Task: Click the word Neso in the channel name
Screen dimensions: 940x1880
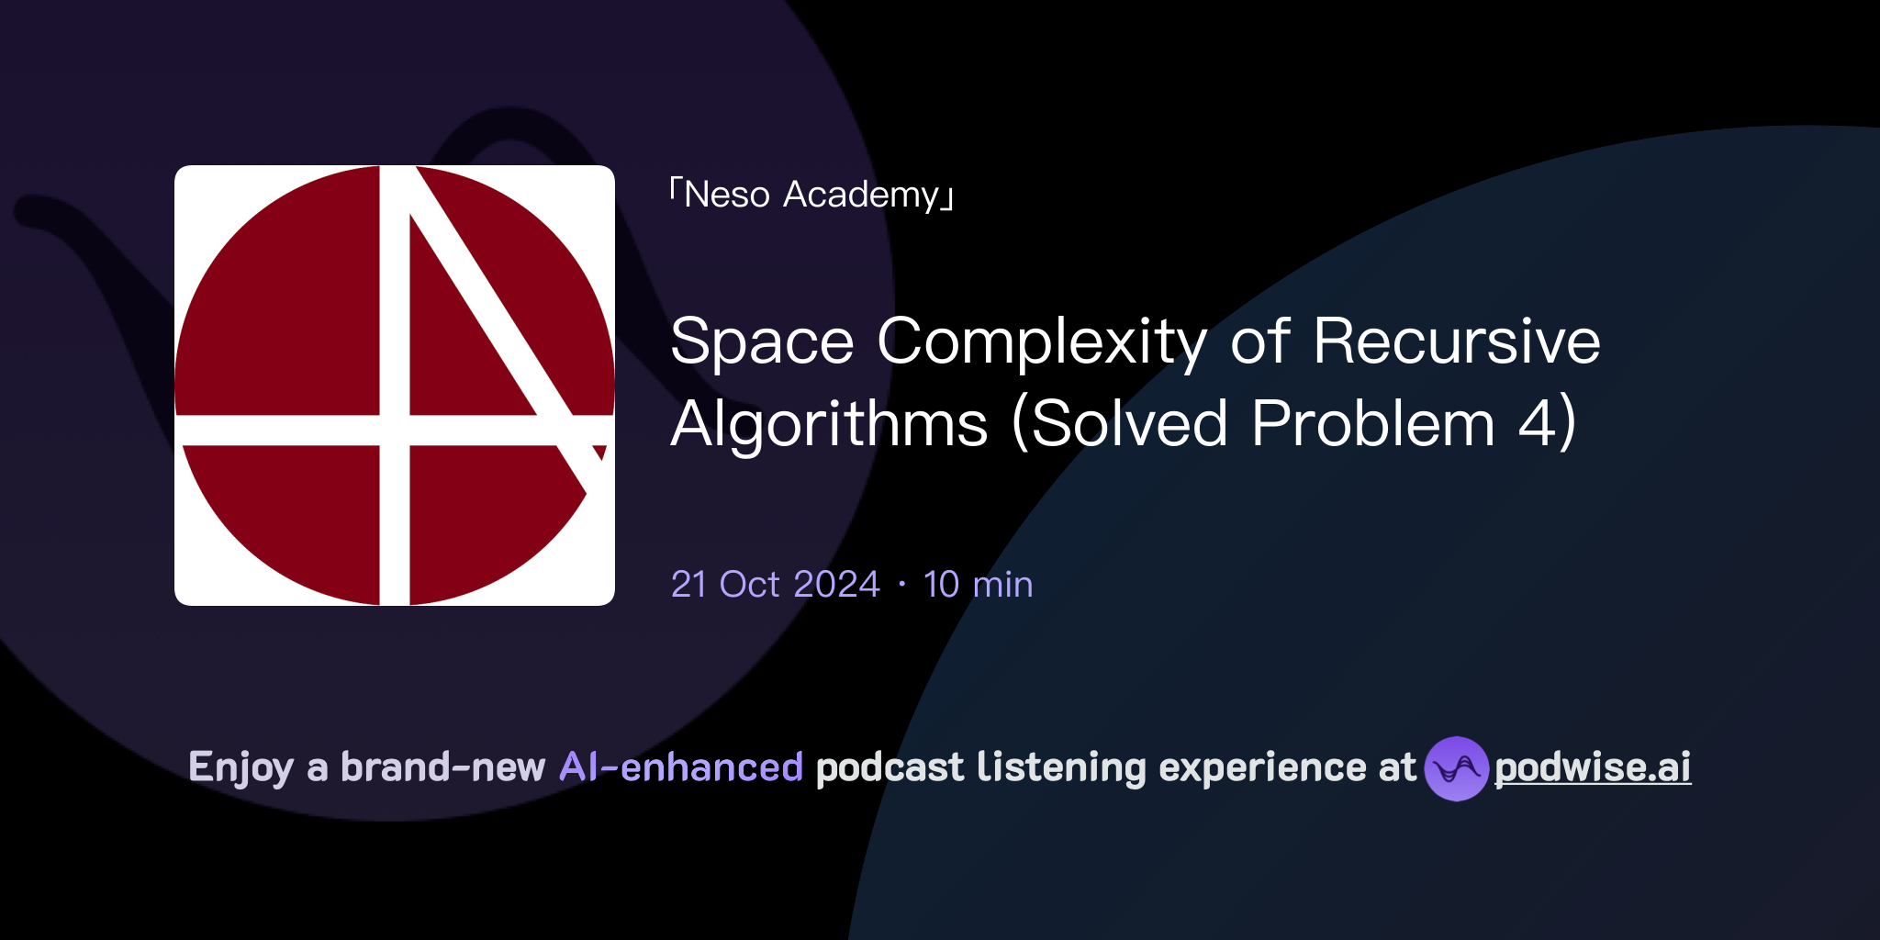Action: click(726, 195)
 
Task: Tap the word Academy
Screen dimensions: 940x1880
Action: click(861, 195)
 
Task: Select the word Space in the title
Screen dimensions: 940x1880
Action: click(762, 342)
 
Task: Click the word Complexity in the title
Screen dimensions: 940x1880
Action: click(1042, 342)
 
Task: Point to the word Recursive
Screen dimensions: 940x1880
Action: click(1456, 342)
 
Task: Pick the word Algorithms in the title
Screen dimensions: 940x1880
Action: click(829, 425)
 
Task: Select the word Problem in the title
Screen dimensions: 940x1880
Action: click(1373, 425)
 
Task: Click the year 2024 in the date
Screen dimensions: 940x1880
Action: click(836, 585)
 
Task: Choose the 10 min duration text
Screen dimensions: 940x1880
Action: click(978, 585)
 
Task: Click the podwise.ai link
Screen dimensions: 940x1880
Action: click(1592, 767)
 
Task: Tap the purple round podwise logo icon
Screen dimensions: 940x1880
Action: click(1456, 768)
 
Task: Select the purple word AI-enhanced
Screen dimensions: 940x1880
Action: click(681, 767)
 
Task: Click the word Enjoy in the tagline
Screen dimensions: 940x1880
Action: click(241, 767)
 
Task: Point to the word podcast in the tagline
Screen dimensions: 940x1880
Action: click(890, 767)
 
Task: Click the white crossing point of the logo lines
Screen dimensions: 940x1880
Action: click(395, 430)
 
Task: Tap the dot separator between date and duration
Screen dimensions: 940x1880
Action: click(902, 585)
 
